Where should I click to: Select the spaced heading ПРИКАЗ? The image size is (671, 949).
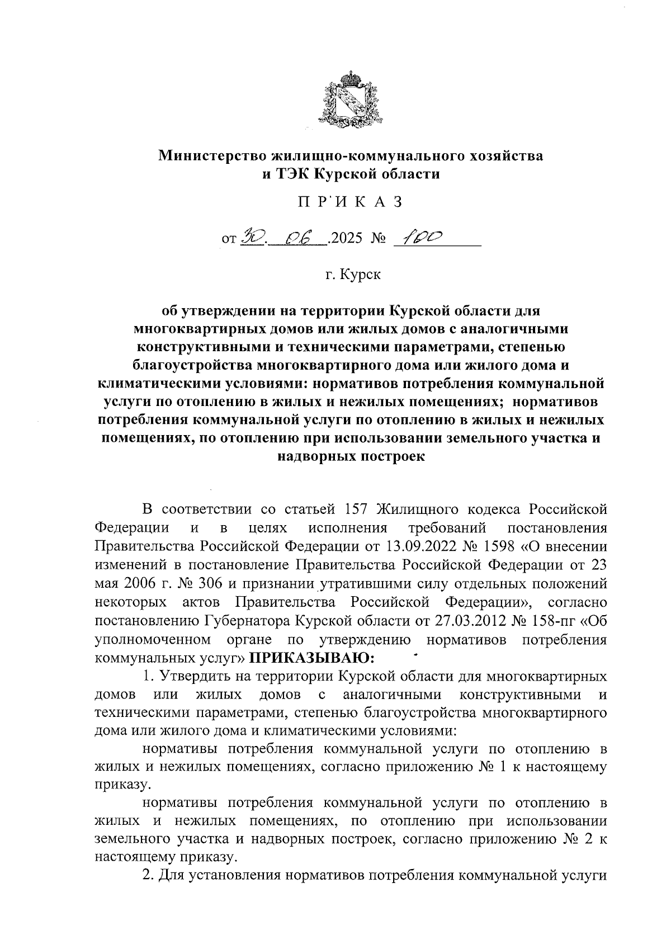(350, 202)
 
